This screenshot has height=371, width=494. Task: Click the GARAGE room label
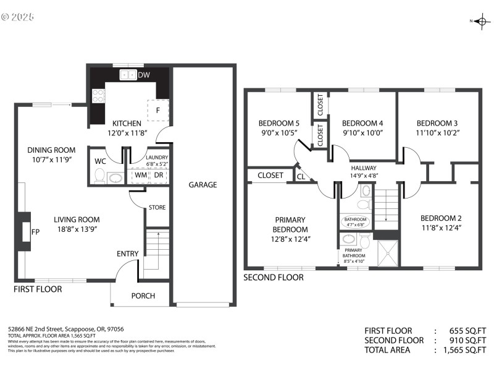203,184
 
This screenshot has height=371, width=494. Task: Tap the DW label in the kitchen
143,75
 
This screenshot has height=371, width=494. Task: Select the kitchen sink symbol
128,75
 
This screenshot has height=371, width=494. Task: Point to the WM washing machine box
141,176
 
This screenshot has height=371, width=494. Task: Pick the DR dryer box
159,176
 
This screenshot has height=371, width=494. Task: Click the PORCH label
143,296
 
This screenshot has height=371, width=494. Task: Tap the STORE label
157,208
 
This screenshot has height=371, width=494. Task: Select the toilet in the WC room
99,176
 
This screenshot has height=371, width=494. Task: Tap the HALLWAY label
364,168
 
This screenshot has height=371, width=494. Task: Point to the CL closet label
301,177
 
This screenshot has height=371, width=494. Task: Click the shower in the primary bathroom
387,251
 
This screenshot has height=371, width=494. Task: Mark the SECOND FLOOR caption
274,278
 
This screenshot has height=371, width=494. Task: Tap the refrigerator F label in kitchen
158,111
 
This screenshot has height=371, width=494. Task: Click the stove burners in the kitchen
98,96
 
